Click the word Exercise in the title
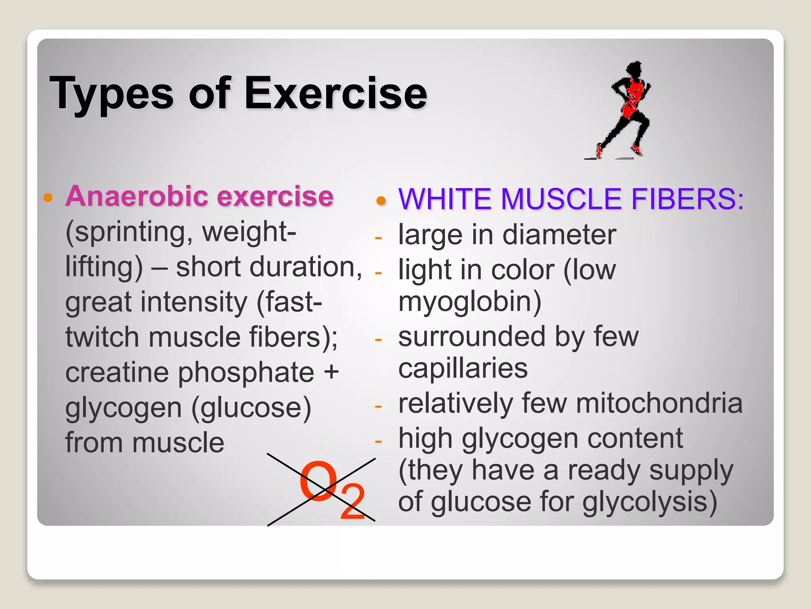(x=336, y=94)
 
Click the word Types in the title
(x=111, y=94)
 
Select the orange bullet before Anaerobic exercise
(x=48, y=197)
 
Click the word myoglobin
(x=470, y=302)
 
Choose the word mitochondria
(x=659, y=404)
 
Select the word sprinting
(x=129, y=232)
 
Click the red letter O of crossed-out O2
(x=318, y=481)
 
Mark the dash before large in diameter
(x=378, y=238)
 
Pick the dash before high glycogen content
(x=378, y=441)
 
